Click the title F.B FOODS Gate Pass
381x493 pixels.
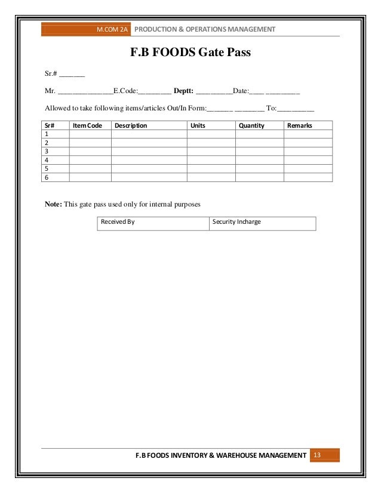click(190, 54)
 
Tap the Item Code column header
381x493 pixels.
click(87, 126)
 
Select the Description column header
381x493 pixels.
click(131, 126)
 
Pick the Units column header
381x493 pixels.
click(197, 126)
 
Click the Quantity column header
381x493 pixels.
click(251, 126)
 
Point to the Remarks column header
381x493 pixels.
click(300, 126)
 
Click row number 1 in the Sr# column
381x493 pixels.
click(47, 135)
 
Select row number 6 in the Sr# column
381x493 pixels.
click(47, 177)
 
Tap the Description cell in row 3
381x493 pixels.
click(149, 152)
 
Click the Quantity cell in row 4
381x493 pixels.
click(259, 160)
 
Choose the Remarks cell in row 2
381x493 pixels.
click(308, 143)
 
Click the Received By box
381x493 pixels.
click(153, 223)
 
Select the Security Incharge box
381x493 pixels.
click(262, 223)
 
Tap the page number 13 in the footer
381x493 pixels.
click(317, 456)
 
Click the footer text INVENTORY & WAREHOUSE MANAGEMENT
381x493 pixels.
click(234, 456)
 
